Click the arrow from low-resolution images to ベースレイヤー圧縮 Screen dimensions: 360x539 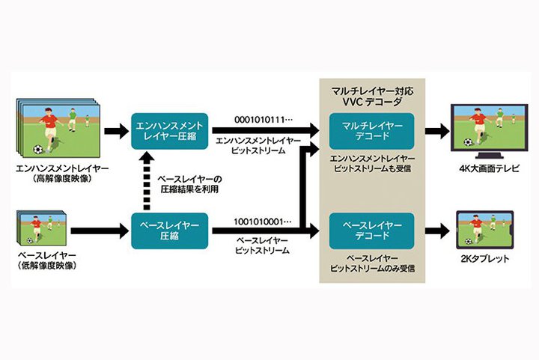[105, 231]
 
